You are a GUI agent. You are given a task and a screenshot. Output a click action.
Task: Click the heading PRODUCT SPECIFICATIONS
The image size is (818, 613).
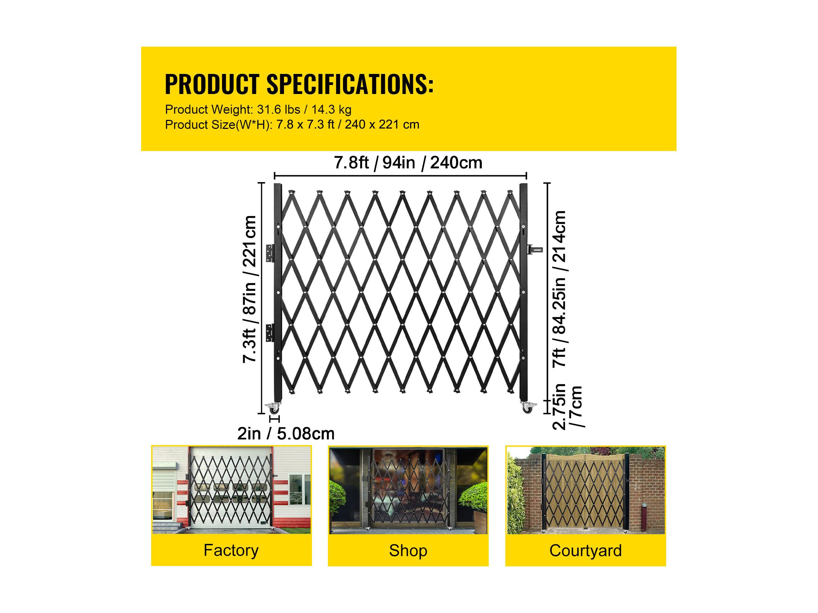(x=299, y=85)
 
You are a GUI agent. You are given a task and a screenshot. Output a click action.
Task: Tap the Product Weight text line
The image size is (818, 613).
(x=258, y=110)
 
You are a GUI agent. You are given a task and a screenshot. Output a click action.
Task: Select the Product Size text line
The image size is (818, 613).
(x=292, y=125)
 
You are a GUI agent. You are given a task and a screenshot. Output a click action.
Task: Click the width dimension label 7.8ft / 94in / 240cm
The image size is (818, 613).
(x=408, y=163)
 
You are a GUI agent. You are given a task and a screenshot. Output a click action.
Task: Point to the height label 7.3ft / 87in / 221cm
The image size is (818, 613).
(x=250, y=289)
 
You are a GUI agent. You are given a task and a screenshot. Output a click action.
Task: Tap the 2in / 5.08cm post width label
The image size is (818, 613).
(x=286, y=434)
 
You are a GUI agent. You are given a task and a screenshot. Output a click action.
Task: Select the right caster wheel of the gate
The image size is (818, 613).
(x=528, y=407)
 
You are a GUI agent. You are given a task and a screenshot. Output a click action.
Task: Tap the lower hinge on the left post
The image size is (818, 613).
(x=271, y=332)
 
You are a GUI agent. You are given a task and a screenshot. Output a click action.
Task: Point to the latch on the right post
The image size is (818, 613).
(x=535, y=250)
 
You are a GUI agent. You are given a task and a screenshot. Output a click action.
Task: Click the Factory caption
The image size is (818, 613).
(x=231, y=550)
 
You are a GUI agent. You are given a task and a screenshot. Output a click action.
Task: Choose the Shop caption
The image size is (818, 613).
(x=408, y=550)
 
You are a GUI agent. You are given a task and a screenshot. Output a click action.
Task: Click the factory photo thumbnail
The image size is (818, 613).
(x=231, y=490)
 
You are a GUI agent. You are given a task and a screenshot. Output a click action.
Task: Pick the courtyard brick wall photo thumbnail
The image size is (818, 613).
(x=586, y=490)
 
